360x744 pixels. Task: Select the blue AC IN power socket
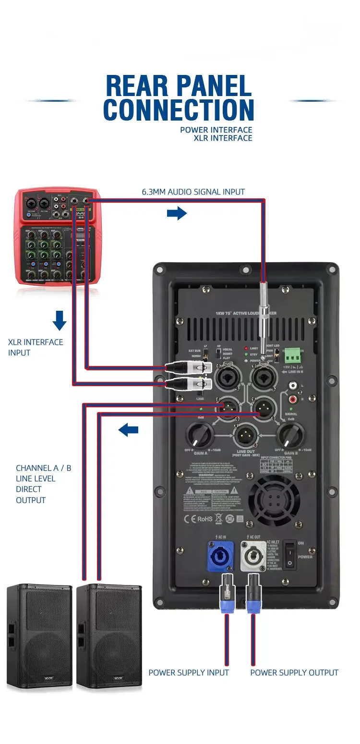(220, 556)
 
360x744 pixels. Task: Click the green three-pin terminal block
(293, 355)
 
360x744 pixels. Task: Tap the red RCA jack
(292, 399)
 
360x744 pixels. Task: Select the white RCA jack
(292, 385)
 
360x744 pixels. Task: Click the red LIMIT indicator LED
(246, 348)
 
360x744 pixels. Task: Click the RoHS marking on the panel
(205, 519)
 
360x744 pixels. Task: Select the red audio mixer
(59, 236)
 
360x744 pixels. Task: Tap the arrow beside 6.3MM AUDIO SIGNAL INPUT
(177, 213)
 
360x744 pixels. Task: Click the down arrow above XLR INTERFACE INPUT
(60, 320)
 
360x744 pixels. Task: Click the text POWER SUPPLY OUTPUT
(294, 672)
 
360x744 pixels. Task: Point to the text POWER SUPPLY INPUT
(188, 672)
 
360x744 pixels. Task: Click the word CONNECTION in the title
(178, 110)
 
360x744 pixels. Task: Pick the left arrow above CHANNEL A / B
(128, 430)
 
